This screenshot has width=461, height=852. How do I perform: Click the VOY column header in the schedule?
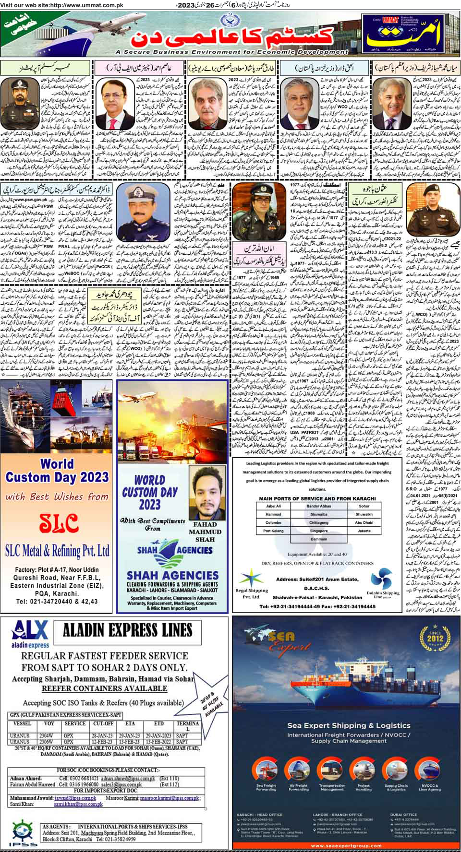(49, 723)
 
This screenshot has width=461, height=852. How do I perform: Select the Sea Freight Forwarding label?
(266, 788)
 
